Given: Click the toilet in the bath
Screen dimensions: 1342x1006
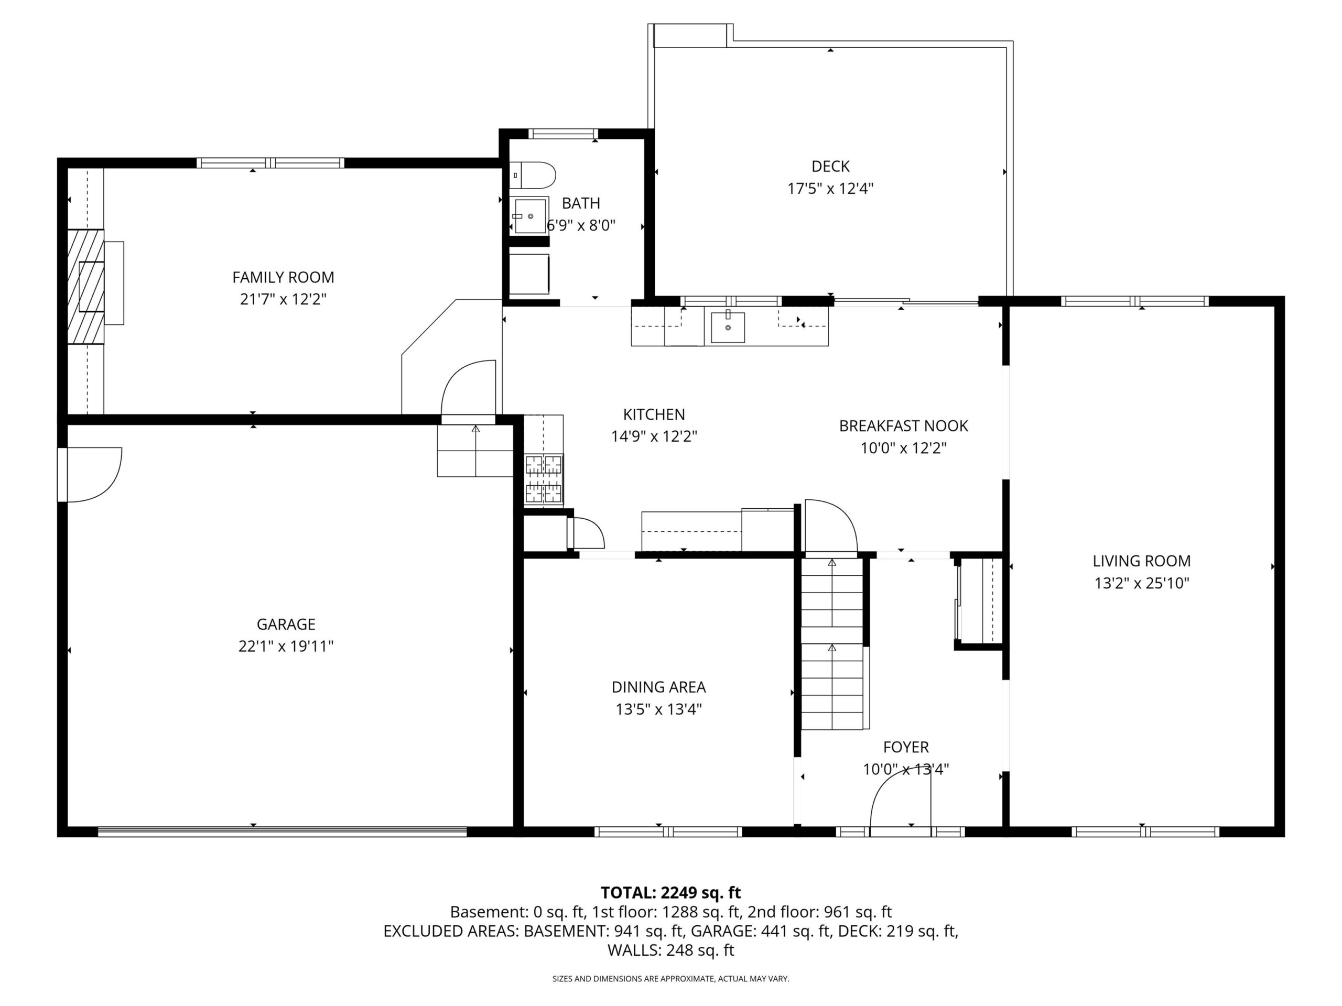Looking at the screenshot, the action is pyautogui.click(x=532, y=175).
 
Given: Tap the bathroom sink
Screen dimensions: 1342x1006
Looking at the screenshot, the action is pyautogui.click(x=529, y=216).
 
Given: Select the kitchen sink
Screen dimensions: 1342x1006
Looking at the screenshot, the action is pyautogui.click(x=728, y=327).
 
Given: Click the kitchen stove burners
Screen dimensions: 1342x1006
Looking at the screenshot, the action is pyautogui.click(x=544, y=479).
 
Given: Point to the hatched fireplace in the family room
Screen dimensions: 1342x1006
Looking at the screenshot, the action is pyautogui.click(x=85, y=286).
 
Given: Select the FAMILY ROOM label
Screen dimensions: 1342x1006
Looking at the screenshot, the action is pyautogui.click(x=283, y=277).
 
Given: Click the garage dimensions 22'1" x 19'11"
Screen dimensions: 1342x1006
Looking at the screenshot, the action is pyautogui.click(x=286, y=647).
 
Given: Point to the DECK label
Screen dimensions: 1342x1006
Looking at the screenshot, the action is pyautogui.click(x=830, y=166).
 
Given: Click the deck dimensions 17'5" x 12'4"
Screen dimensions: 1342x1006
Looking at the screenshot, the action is pyautogui.click(x=830, y=189).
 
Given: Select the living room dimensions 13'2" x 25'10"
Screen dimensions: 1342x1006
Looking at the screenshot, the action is pyautogui.click(x=1141, y=583).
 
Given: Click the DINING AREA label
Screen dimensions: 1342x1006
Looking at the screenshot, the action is pyautogui.click(x=658, y=687).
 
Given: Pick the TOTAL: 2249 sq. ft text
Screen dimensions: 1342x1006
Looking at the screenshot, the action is pyautogui.click(x=670, y=893).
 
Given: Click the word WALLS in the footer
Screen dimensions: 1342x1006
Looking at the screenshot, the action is pyautogui.click(x=634, y=950).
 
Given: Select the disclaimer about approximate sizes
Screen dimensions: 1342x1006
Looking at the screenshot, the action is pyautogui.click(x=670, y=979).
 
